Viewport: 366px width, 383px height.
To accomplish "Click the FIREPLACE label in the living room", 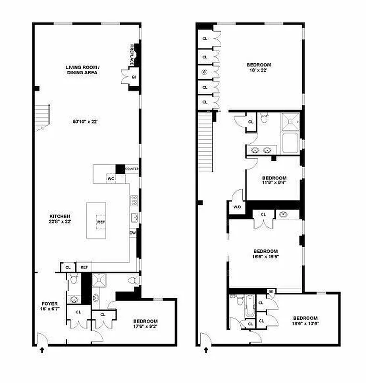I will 131,55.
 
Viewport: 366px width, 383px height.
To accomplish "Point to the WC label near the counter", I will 111,179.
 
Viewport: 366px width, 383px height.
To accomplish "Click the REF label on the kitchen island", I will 101,222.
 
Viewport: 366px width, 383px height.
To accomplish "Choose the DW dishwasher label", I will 132,233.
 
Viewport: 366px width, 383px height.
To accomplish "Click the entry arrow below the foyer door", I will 42,350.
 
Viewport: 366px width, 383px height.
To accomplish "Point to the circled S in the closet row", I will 205,72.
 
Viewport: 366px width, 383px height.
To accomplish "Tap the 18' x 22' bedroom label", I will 259,68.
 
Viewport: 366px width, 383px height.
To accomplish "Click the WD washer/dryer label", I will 236,207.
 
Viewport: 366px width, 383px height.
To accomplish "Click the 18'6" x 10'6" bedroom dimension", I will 305,321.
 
